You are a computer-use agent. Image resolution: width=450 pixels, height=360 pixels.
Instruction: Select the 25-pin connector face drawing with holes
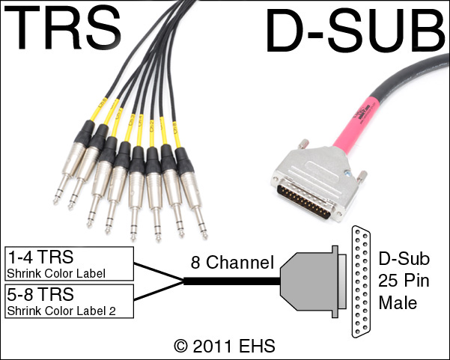point(362,281)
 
